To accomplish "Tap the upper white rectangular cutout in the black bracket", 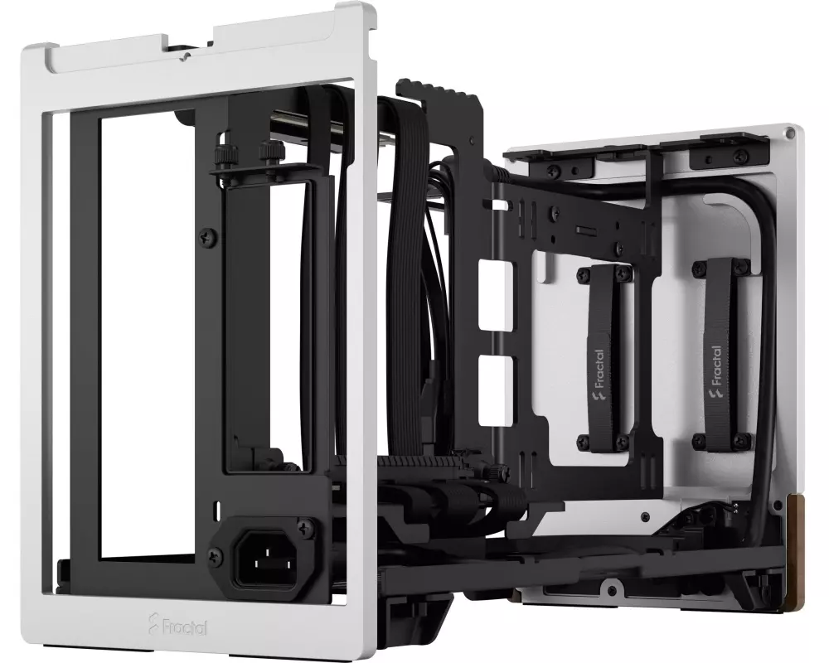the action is (x=496, y=293).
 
